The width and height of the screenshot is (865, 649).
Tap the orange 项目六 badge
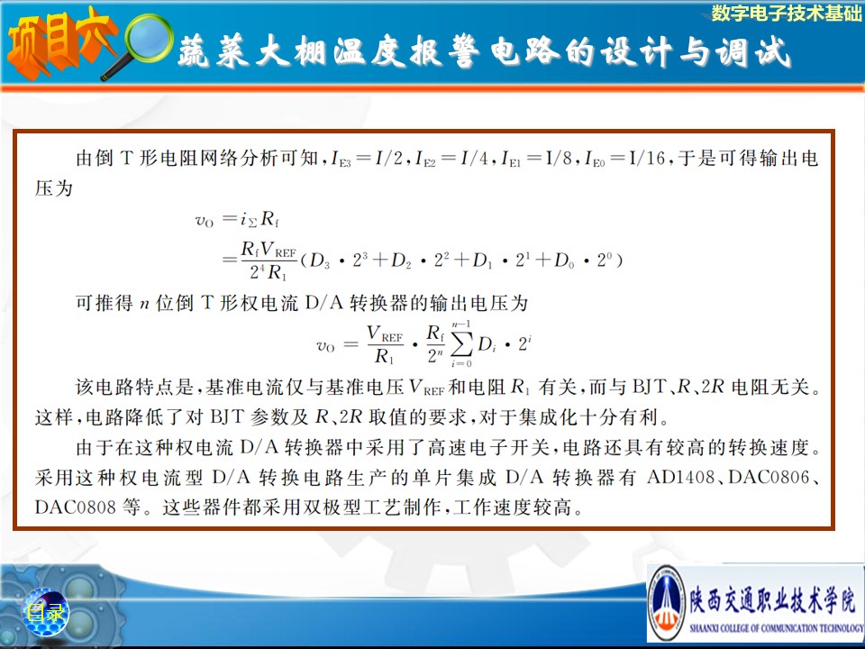[59, 44]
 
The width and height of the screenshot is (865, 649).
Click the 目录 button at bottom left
[45, 612]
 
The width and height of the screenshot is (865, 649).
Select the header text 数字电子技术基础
[786, 13]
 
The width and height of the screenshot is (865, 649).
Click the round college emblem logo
[667, 603]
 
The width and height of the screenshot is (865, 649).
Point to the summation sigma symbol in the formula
[461, 345]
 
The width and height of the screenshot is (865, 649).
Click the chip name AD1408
[681, 477]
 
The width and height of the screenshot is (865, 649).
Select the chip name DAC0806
[769, 477]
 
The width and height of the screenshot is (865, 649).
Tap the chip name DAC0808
[75, 507]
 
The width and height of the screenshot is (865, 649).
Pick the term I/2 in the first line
[389, 159]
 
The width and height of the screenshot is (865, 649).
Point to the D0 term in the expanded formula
[564, 261]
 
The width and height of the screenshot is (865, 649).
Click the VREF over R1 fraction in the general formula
[385, 345]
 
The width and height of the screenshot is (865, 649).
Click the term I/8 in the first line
[559, 159]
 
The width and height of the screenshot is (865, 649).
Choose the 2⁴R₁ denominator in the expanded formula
[269, 272]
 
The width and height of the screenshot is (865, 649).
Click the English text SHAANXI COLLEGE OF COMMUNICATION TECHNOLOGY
[777, 628]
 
